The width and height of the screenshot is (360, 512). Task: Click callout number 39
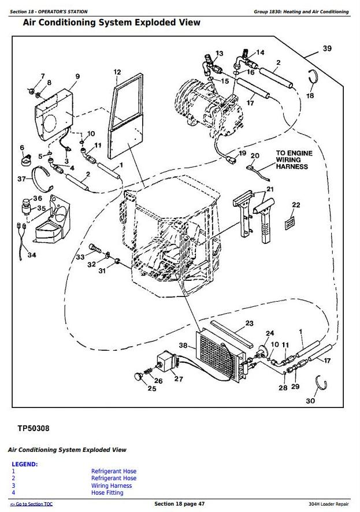(327, 49)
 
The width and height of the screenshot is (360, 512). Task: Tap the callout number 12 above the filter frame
(117, 72)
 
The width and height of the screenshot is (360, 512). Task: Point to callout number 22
(295, 205)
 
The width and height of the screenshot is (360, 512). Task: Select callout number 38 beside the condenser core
(183, 346)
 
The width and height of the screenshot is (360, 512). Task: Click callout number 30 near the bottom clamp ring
(310, 401)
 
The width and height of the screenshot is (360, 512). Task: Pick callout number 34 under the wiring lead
(32, 255)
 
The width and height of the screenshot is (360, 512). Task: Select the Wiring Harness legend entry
(111, 485)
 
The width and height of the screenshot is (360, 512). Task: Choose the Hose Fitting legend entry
(107, 493)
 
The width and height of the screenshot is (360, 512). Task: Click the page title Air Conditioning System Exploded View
(112, 23)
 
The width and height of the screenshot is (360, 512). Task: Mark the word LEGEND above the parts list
(25, 464)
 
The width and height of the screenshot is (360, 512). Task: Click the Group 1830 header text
(301, 12)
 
